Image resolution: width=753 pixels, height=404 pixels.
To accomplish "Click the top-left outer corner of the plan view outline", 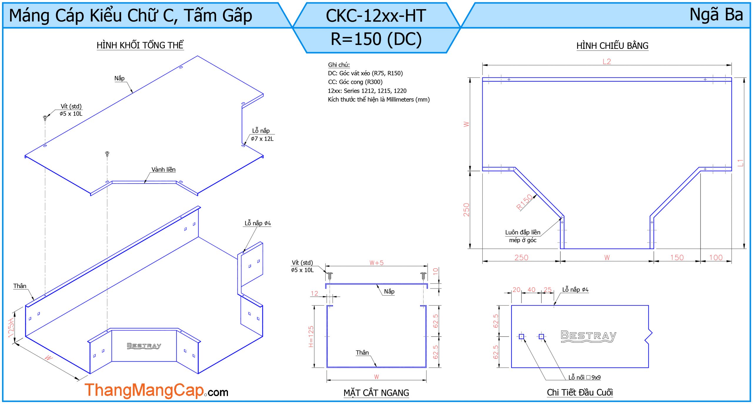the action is point(482,78).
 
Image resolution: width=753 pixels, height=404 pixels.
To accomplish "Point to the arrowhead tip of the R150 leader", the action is point(537,195).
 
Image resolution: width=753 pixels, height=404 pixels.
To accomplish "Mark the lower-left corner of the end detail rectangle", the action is point(511,368).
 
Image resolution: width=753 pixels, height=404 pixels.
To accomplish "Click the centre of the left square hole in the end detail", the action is point(521,336).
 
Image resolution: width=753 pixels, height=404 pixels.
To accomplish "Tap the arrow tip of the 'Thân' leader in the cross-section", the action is point(376,367).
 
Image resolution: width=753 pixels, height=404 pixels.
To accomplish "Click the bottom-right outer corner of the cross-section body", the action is point(426,368).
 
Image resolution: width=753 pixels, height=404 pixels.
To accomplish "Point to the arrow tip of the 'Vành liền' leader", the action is point(144,183).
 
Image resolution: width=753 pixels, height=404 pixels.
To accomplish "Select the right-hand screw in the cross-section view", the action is point(423,276).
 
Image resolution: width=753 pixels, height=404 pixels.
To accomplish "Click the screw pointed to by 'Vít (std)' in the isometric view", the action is point(45,118).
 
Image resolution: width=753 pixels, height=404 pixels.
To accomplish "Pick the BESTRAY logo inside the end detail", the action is point(588,336).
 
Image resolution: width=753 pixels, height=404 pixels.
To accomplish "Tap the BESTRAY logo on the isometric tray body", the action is point(144,346).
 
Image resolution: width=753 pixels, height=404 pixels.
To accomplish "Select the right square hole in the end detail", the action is point(541,336).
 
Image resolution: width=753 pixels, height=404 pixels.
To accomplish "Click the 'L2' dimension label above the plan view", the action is point(607,61).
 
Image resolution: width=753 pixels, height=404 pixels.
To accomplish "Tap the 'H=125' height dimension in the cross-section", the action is point(311,336).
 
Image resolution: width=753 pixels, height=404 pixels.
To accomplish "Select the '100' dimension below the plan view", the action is point(716,257).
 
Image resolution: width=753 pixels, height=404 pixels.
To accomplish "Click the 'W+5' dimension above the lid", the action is point(376,263).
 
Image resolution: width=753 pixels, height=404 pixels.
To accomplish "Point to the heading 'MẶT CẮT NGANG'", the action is point(376,393).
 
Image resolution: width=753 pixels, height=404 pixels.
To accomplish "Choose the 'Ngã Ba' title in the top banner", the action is point(716,15).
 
